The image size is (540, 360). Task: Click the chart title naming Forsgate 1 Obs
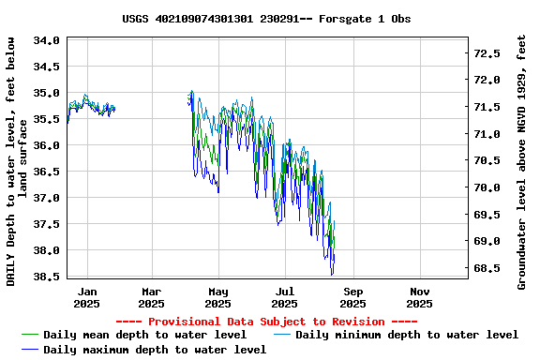tap(266, 19)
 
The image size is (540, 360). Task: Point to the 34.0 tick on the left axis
tap(48, 40)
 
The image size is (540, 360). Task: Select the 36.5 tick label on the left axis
tap(48, 172)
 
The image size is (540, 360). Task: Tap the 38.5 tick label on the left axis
tap(48, 277)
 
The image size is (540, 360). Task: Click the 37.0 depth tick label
tap(48, 198)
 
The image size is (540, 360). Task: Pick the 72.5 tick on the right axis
tap(487, 53)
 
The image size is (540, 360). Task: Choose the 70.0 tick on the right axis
tap(487, 187)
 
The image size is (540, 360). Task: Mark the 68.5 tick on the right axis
tap(487, 268)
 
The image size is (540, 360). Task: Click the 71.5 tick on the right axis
tap(487, 107)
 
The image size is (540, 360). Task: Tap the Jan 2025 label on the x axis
tap(86, 297)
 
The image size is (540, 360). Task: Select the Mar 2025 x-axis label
tap(151, 297)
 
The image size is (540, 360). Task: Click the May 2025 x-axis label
tap(217, 297)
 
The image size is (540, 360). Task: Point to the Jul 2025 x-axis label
tap(285, 297)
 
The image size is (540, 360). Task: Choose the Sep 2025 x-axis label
tap(352, 297)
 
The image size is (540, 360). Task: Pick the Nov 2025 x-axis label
tap(420, 297)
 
